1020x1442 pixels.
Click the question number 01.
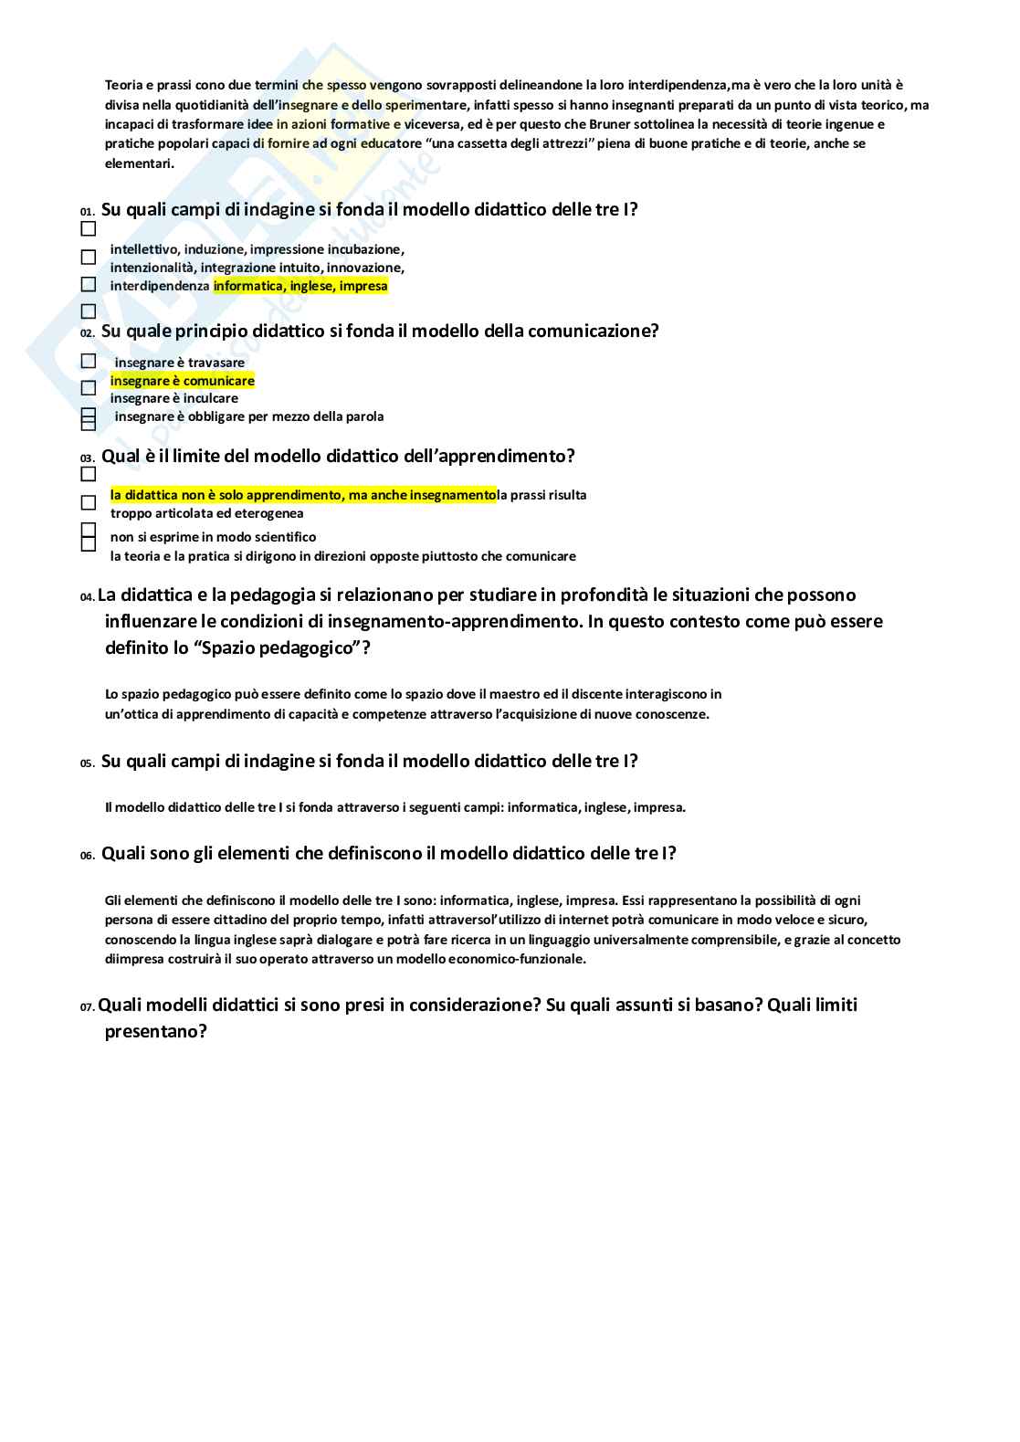(x=87, y=212)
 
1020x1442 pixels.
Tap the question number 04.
(x=87, y=597)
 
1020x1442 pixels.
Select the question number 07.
(x=87, y=1007)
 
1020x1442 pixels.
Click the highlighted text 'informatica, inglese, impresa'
(x=300, y=286)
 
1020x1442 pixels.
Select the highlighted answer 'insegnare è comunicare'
(x=183, y=381)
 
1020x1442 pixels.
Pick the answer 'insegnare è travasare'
(x=180, y=363)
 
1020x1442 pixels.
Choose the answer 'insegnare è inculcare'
(x=174, y=398)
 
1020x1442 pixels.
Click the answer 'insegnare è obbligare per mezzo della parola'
(x=249, y=416)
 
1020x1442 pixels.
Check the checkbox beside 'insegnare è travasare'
(x=89, y=362)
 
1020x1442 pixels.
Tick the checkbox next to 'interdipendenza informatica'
(x=89, y=285)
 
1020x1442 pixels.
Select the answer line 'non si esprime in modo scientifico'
(x=214, y=537)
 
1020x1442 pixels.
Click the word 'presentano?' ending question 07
(x=156, y=1031)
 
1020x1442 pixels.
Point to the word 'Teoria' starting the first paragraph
(x=124, y=85)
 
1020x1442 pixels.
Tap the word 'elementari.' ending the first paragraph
(x=140, y=163)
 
